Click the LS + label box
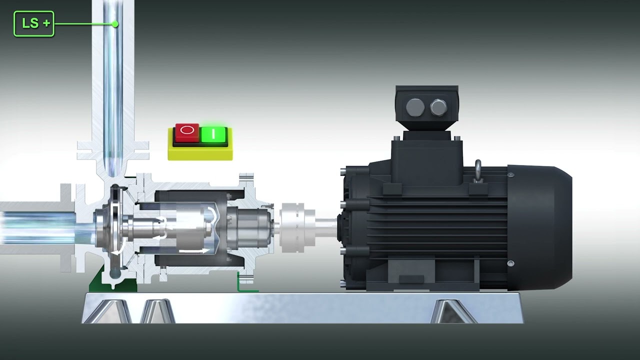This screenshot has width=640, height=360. click(x=33, y=23)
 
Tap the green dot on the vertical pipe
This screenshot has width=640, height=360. click(x=115, y=23)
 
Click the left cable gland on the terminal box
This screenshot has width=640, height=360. click(x=415, y=107)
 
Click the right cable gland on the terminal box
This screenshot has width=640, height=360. click(x=438, y=107)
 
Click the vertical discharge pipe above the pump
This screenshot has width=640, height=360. click(x=113, y=85)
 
